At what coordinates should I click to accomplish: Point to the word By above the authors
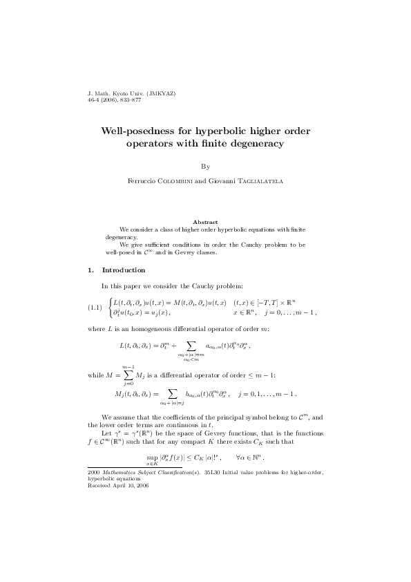click(205, 167)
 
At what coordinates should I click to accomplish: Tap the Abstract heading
click(205, 222)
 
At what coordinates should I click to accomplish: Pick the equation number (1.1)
click(95, 308)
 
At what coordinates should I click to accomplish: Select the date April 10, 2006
click(132, 486)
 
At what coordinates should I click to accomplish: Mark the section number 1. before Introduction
click(90, 270)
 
